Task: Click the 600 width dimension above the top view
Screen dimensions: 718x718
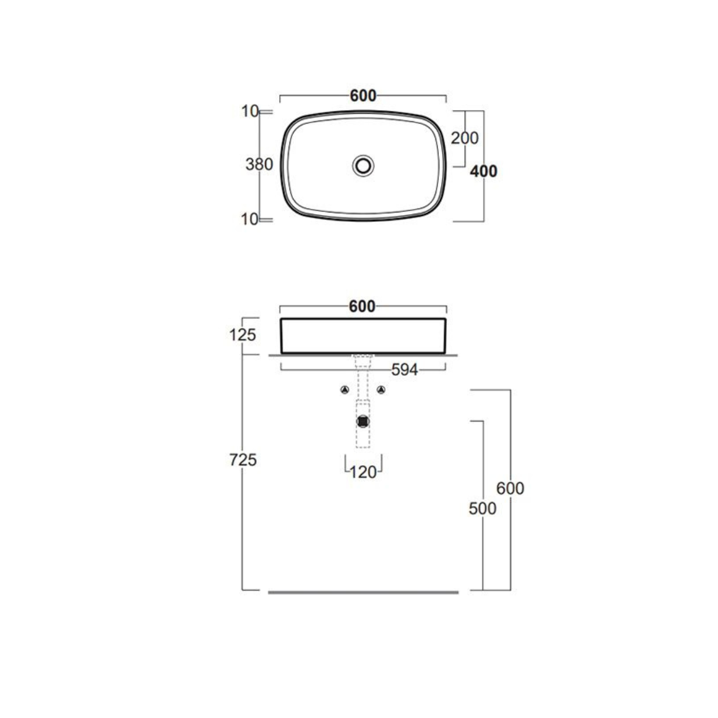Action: [x=363, y=96]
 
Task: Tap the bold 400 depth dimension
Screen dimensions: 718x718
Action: [x=483, y=171]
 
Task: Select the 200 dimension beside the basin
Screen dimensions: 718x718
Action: [x=465, y=138]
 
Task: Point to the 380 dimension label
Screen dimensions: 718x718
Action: [x=259, y=164]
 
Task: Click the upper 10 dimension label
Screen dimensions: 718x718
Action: [x=250, y=111]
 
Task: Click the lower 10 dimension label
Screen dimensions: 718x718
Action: [x=250, y=219]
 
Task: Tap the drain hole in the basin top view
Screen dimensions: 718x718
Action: [x=363, y=166]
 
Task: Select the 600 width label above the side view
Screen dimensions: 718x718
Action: [x=362, y=306]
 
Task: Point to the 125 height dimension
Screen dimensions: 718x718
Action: [x=242, y=335]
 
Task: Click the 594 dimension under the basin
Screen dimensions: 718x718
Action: [x=404, y=370]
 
